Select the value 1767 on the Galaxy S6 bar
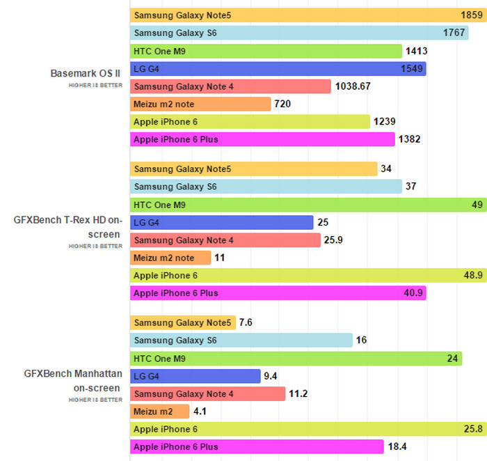click(x=455, y=33)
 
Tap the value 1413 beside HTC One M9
click(x=415, y=51)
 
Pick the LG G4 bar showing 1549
click(x=278, y=68)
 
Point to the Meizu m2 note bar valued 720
click(x=200, y=104)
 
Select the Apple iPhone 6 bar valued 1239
click(x=250, y=122)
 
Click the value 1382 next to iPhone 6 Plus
click(x=409, y=139)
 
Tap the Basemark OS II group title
click(x=86, y=73)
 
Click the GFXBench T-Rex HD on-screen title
click(x=68, y=227)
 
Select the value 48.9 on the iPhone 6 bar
click(x=472, y=276)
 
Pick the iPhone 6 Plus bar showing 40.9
click(x=278, y=293)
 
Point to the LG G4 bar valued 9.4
click(x=195, y=376)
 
